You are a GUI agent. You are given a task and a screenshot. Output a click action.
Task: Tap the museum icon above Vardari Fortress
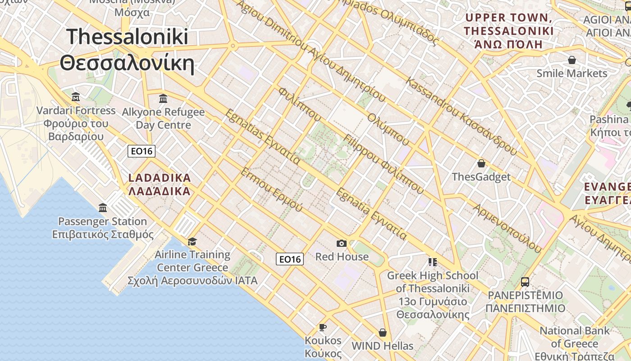pos(76,97)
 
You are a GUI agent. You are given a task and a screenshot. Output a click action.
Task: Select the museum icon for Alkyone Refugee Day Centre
pos(163,98)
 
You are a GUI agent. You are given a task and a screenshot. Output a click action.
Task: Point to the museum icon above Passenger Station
pos(103,208)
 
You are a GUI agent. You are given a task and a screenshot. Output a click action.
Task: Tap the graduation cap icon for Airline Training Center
pos(192,241)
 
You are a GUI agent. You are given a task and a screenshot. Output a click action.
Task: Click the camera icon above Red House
pos(342,244)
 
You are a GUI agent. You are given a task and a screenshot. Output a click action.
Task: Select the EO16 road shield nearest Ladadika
pos(142,151)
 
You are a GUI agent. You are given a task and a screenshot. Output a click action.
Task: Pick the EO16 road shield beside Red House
pos(289,259)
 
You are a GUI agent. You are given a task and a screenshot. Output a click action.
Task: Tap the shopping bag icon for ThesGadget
pos(481,163)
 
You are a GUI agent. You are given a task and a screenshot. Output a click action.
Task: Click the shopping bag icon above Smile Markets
pos(572,60)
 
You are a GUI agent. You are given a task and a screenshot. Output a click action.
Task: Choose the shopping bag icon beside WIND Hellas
pos(383,333)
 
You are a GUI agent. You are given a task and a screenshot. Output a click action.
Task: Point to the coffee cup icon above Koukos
pos(323,327)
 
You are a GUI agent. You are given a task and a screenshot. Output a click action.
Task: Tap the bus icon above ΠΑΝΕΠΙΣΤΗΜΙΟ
pos(525,282)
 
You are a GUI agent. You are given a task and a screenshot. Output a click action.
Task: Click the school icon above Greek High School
pos(433,262)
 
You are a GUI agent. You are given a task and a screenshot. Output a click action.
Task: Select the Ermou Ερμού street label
pos(271,190)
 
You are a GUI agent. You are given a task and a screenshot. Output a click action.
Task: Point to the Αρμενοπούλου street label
pos(507,227)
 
